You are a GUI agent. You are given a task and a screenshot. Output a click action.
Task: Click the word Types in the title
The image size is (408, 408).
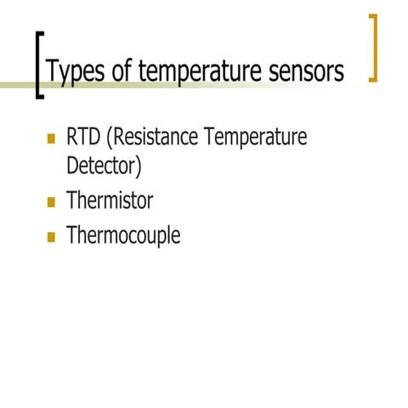pos(77,72)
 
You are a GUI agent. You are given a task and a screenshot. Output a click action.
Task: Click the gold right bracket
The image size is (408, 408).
pos(372,48)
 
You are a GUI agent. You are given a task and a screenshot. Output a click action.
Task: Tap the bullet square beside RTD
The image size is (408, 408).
pos(50,139)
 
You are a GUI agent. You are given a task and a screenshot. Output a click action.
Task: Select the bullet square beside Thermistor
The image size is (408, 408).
pos(50,203)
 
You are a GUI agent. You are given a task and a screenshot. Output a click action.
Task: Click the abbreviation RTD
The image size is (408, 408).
pos(84,138)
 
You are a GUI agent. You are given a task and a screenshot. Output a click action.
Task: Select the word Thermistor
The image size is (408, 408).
pos(110,202)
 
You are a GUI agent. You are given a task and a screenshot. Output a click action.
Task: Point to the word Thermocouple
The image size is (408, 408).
pos(123,236)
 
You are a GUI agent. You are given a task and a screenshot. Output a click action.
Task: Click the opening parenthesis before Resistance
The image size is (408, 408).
pos(110,139)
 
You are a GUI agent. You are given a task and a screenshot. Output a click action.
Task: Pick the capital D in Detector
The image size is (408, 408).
pos(73,166)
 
